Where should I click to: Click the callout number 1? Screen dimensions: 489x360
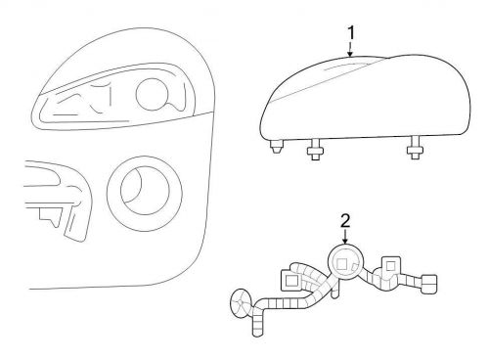(351, 32)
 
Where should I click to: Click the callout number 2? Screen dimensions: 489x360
(345, 221)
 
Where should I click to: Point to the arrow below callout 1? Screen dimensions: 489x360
(350, 49)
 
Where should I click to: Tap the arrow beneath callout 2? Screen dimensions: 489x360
(345, 236)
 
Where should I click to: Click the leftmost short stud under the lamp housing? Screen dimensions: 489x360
(277, 147)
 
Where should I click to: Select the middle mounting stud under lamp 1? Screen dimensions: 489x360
(316, 150)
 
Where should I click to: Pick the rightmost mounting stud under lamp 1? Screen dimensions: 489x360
(415, 148)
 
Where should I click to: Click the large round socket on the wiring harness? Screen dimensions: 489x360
(345, 262)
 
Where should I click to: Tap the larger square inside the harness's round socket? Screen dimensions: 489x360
(341, 264)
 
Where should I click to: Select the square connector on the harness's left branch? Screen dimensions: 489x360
(290, 280)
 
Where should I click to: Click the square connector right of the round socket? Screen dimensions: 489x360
(390, 266)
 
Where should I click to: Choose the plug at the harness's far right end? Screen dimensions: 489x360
(429, 284)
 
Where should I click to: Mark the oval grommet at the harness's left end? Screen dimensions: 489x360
(242, 303)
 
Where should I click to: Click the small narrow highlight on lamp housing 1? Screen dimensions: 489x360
(345, 67)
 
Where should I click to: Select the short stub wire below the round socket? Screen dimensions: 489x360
(335, 290)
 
